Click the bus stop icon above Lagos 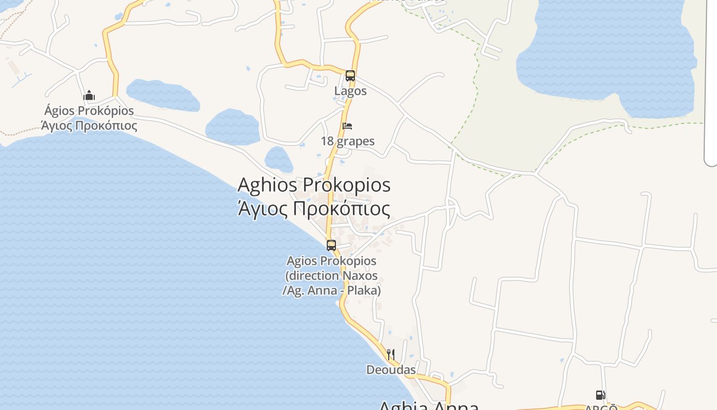[350, 76]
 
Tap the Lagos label [350, 91]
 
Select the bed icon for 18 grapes [347, 126]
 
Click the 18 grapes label [348, 141]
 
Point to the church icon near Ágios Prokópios [89, 95]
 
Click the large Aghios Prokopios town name [314, 184]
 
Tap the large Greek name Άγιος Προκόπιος [314, 209]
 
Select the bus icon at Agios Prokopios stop [331, 245]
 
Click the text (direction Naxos [331, 276]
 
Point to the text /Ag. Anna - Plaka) [331, 291]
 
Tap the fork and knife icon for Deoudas [391, 354]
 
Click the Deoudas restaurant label [391, 370]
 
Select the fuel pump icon [600, 395]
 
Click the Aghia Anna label [428, 406]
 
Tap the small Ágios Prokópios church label [89, 111]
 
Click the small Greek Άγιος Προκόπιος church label [89, 126]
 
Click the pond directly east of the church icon [163, 95]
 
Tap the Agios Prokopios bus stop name [331, 261]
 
